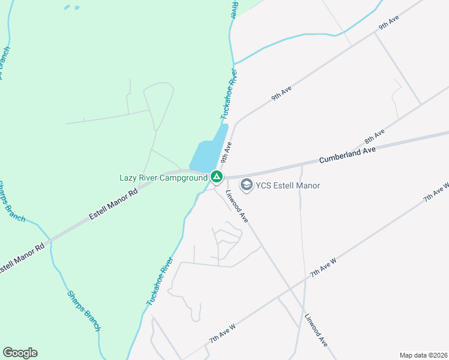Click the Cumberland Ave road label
point(347,155)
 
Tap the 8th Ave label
point(374,137)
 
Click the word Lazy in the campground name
point(129,178)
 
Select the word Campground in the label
point(180,178)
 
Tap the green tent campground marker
point(216,177)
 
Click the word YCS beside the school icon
point(265,186)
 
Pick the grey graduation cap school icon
point(246,185)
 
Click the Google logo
point(20,353)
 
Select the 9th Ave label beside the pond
point(226,152)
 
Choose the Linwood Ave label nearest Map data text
point(316,331)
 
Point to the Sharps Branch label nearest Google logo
point(83,312)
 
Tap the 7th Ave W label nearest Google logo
point(222,332)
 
